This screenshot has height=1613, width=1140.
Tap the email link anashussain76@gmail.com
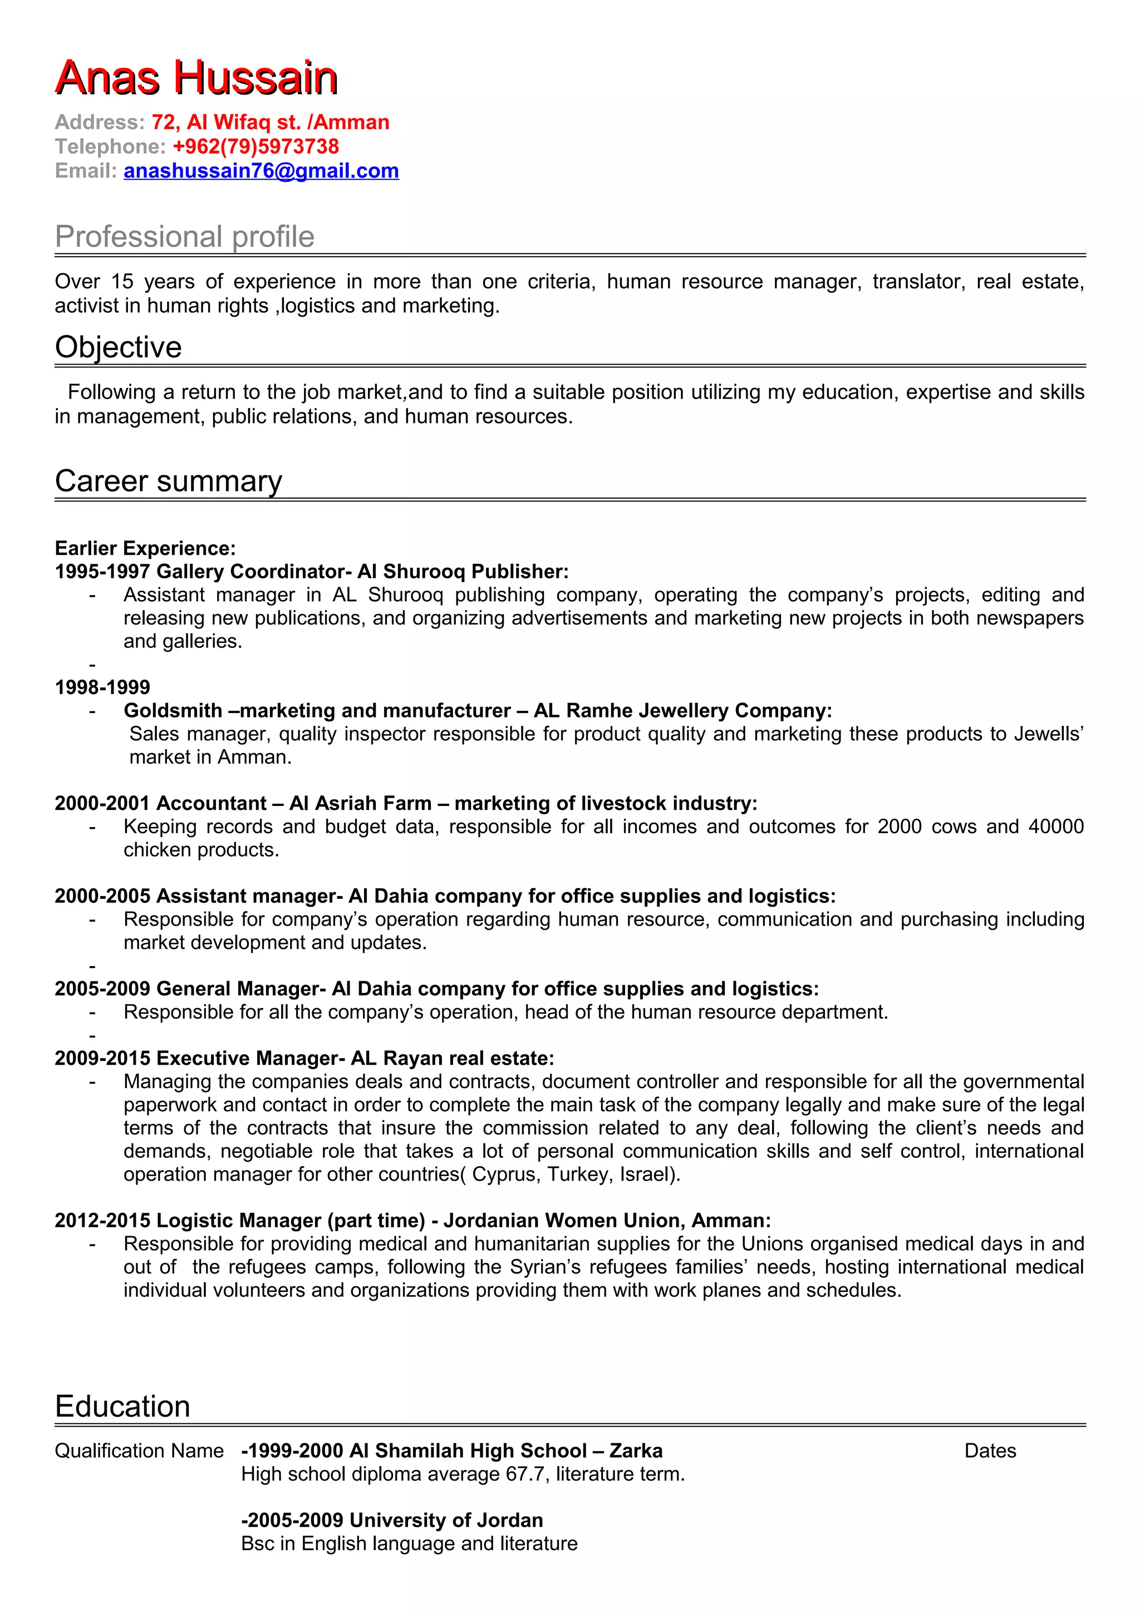pyautogui.click(x=261, y=171)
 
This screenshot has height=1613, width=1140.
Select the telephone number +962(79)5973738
pyautogui.click(x=255, y=146)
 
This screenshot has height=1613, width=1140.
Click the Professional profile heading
pyautogui.click(x=184, y=237)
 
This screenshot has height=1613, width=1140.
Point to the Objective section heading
pyautogui.click(x=118, y=347)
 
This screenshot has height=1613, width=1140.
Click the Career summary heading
pyautogui.click(x=168, y=481)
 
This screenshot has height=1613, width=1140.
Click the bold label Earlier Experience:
pyautogui.click(x=145, y=548)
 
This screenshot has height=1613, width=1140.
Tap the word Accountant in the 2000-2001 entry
pyautogui.click(x=212, y=803)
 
